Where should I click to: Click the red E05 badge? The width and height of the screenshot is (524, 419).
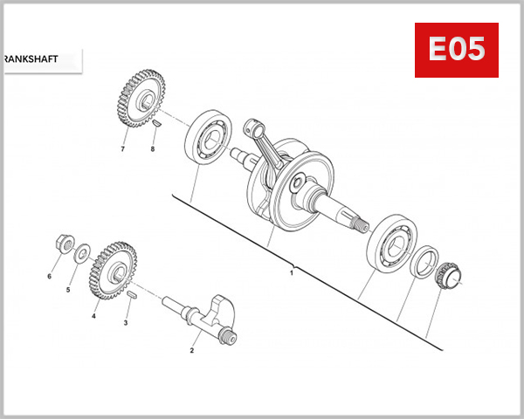tap(455, 50)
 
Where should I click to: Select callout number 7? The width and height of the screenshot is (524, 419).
tap(123, 149)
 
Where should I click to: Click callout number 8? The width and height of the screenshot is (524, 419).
tap(153, 149)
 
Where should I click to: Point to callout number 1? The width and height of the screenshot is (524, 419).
tap(292, 273)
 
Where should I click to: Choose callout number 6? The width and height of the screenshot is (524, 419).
tap(49, 277)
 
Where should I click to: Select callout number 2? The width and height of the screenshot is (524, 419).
tap(191, 350)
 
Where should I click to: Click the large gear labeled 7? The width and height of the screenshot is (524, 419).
tap(139, 102)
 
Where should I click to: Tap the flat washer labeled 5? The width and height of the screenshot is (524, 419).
tap(82, 255)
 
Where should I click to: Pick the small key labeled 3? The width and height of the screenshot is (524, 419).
tap(134, 297)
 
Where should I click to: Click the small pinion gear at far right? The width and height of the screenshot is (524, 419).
tap(447, 276)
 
